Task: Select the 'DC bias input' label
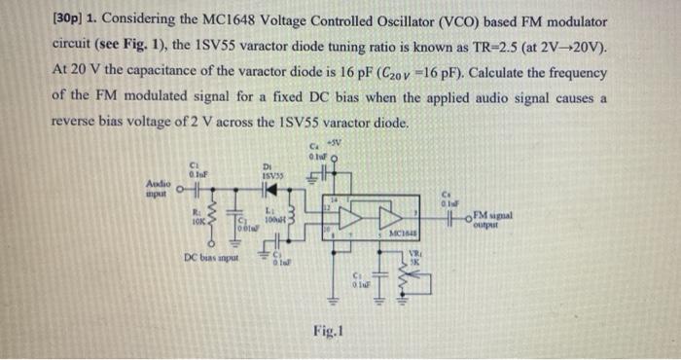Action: [210, 257]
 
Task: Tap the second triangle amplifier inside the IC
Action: [393, 216]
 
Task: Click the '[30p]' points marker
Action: [70, 21]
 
